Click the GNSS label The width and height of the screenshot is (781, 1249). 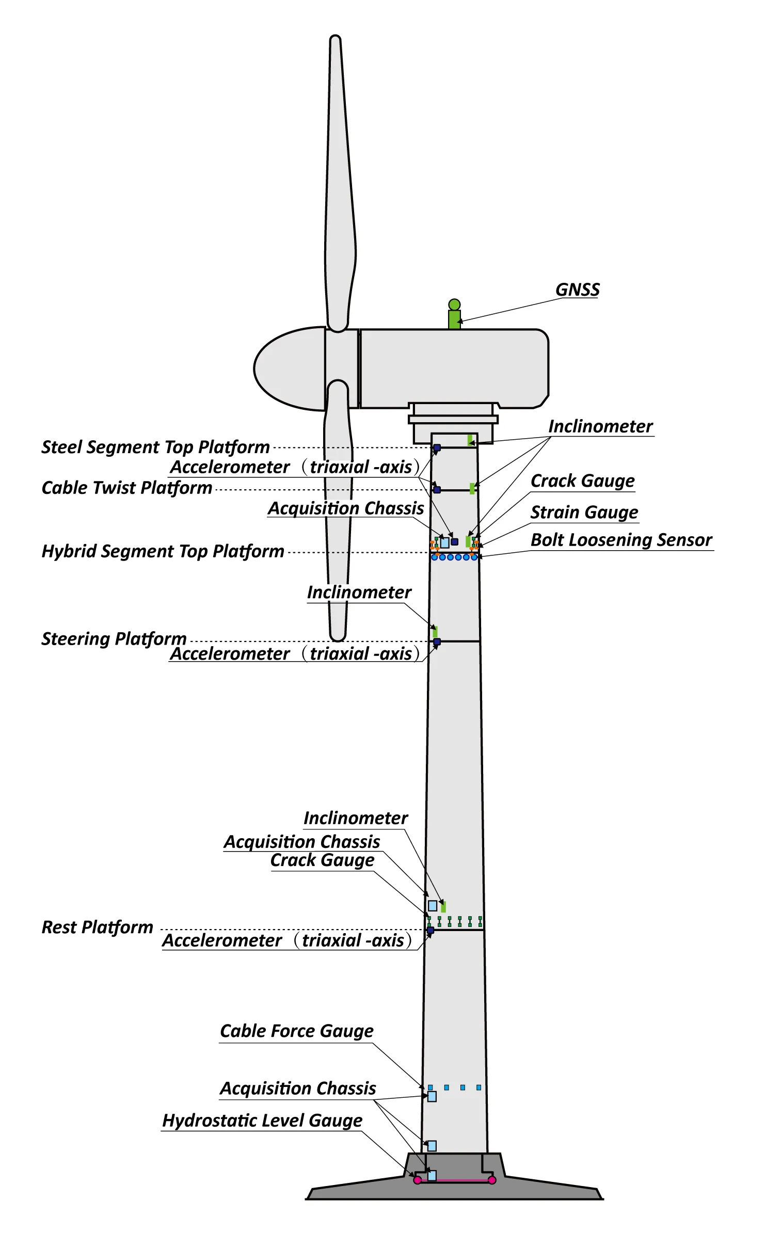(577, 290)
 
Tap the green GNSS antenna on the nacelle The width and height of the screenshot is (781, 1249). (454, 315)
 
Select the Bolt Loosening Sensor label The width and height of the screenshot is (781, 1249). (621, 539)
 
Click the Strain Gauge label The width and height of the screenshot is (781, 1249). (584, 512)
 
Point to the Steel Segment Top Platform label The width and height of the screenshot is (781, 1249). (155, 447)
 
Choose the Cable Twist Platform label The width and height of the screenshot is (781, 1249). (126, 488)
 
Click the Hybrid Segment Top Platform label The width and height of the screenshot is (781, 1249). (163, 551)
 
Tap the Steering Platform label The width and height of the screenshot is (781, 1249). (114, 639)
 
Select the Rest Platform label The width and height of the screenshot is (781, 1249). (97, 927)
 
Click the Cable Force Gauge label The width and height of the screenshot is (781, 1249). (296, 1031)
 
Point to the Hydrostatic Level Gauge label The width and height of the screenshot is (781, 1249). (262, 1120)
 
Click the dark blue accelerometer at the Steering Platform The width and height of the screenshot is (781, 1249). (437, 642)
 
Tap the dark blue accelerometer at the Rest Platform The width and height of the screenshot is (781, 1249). (431, 931)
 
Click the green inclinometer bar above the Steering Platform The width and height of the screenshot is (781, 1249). (436, 632)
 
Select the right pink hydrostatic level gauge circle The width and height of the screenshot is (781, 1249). (492, 1180)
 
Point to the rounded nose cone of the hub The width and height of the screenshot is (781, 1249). (268, 368)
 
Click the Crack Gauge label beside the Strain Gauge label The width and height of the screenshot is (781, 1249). (582, 481)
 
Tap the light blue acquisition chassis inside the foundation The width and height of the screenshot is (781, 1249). (432, 1176)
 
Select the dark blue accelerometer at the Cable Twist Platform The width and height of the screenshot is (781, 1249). (437, 489)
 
